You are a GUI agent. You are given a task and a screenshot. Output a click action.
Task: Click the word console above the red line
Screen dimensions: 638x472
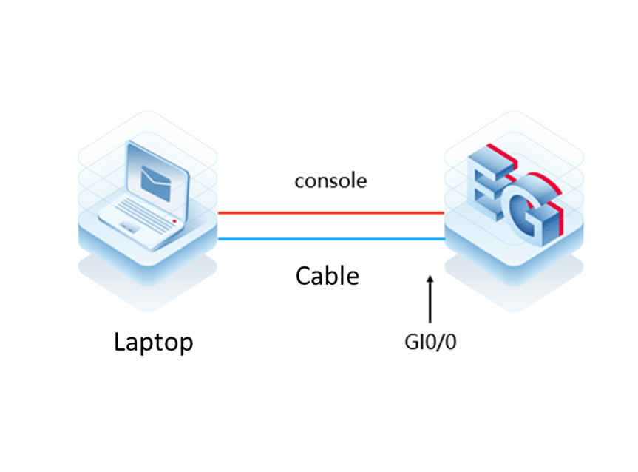point(330,181)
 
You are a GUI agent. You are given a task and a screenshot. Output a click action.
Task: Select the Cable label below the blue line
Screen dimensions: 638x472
point(328,276)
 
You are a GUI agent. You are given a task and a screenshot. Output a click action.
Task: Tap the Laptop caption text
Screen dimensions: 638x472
point(153,343)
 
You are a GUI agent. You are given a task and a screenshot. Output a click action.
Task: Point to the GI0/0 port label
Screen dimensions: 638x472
point(430,342)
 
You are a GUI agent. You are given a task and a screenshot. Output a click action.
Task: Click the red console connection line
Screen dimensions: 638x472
point(330,212)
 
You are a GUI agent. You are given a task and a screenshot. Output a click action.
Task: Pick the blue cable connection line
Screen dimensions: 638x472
point(332,239)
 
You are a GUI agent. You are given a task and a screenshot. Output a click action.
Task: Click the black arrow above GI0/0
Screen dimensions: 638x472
point(430,300)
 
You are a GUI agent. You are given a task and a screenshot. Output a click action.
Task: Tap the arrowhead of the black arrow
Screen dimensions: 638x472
point(430,278)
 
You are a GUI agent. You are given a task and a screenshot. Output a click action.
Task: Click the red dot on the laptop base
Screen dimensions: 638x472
point(174,221)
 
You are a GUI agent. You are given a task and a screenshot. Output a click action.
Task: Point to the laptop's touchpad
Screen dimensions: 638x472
point(130,226)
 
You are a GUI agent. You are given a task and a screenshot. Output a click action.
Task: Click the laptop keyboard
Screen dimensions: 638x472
point(144,214)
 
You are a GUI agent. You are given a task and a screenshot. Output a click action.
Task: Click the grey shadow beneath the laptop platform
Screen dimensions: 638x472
point(147,289)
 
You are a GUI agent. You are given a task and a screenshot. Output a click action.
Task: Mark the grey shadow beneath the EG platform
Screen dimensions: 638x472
point(514,289)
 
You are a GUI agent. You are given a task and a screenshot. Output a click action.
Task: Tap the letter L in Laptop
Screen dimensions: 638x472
point(120,341)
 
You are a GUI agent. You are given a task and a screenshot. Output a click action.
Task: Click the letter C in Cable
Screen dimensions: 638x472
point(303,276)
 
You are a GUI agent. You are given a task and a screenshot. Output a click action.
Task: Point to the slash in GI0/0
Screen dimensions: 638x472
point(438,342)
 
